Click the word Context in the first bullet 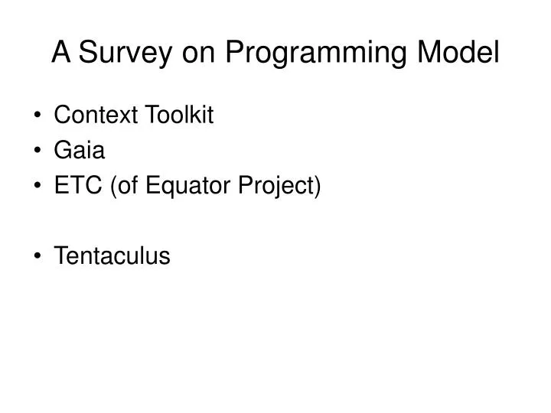tap(96, 115)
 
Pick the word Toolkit tap(178, 115)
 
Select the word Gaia tap(80, 151)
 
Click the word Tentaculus tap(112, 256)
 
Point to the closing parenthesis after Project tap(318, 187)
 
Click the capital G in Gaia tap(62, 151)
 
